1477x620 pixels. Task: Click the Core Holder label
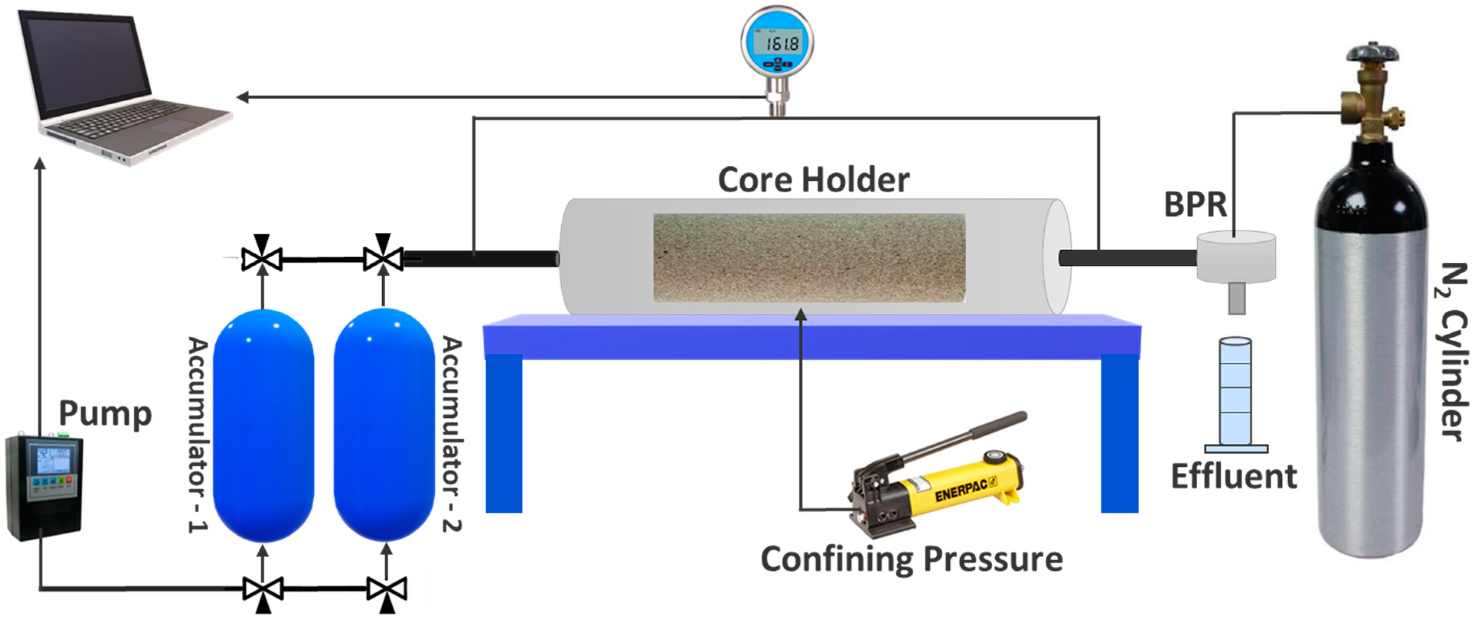(x=813, y=180)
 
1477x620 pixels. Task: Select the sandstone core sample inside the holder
(x=809, y=258)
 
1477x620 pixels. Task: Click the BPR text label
(x=1195, y=205)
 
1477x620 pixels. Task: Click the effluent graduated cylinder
(x=1236, y=393)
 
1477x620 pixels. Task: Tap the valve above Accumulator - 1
(x=262, y=259)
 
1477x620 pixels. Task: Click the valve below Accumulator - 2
(x=387, y=589)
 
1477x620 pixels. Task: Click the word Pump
(x=106, y=414)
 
